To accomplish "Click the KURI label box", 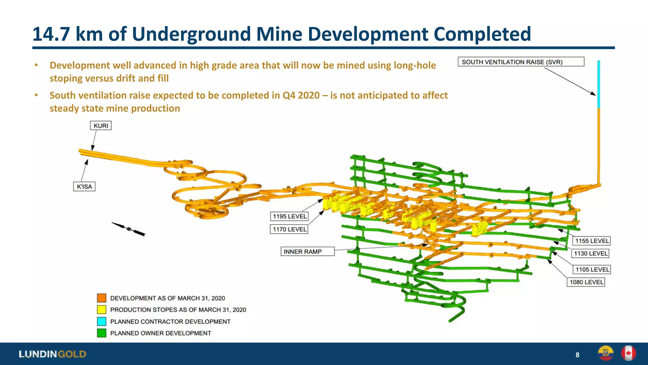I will [x=101, y=126].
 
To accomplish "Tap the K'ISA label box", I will [x=84, y=187].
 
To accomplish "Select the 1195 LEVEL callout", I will [x=289, y=216].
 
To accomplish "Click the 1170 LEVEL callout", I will [x=289, y=229].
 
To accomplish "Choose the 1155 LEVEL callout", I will [x=591, y=241].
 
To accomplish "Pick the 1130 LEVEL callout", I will [x=590, y=253].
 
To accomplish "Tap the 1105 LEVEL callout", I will [x=592, y=270].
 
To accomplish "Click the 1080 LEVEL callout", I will [x=586, y=282].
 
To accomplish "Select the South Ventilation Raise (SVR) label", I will [x=521, y=62].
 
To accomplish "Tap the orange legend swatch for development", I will [x=102, y=298].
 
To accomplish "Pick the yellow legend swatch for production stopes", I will [x=102, y=310].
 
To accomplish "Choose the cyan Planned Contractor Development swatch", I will [x=102, y=321].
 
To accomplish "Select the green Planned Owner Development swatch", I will [x=102, y=333].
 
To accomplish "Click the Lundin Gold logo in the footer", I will [x=53, y=354].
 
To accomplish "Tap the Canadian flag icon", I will [x=628, y=353].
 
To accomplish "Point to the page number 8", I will [x=577, y=355].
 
